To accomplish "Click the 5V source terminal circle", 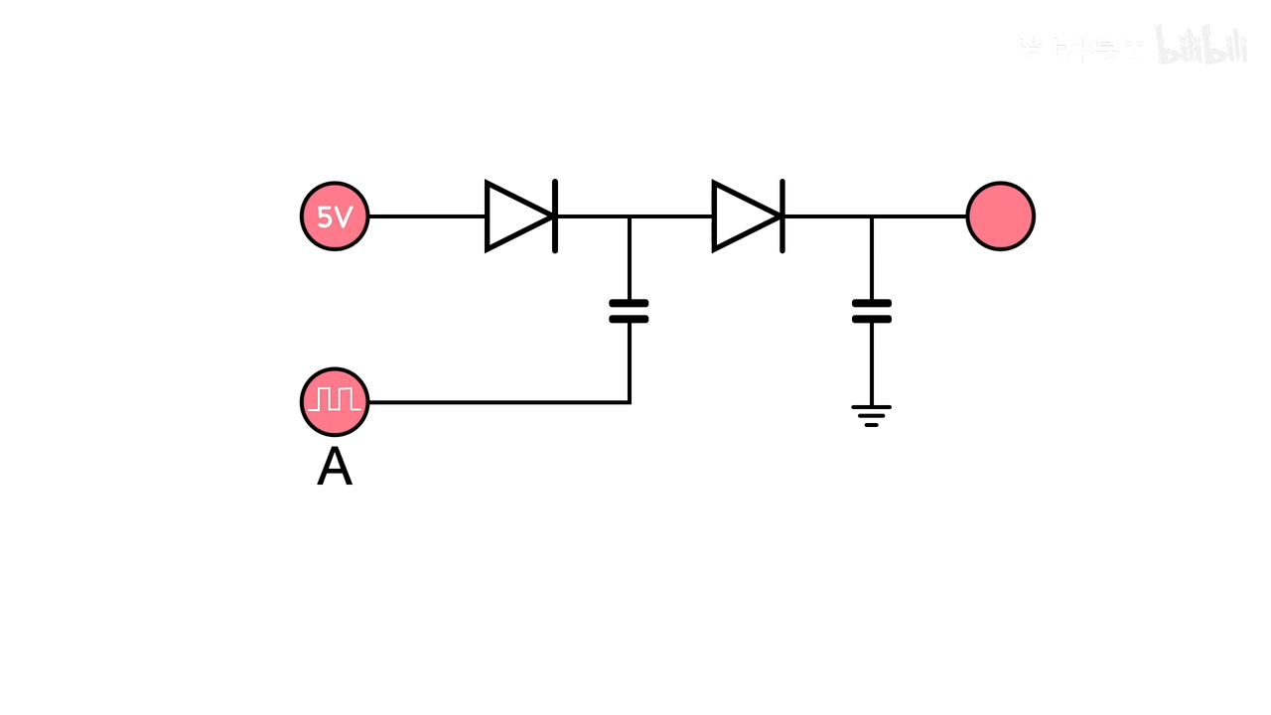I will coord(335,216).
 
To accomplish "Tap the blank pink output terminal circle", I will coord(1000,216).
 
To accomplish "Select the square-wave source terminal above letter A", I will coord(335,402).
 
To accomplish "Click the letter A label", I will coord(335,468).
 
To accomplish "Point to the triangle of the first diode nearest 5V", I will coord(513,216).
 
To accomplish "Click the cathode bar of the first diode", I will coord(555,216).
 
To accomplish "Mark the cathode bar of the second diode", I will coord(782,216).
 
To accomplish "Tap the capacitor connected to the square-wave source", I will coord(629,311).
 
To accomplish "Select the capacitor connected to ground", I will coord(872,311).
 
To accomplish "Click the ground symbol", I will coord(872,415).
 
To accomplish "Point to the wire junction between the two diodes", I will coord(630,216).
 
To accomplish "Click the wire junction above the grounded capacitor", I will coord(872,216).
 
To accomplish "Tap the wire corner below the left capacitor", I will coord(630,402).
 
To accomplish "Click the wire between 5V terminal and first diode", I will coord(427,216).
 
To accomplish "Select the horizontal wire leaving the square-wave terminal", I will coord(496,402).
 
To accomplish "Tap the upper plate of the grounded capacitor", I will coord(872,303).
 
